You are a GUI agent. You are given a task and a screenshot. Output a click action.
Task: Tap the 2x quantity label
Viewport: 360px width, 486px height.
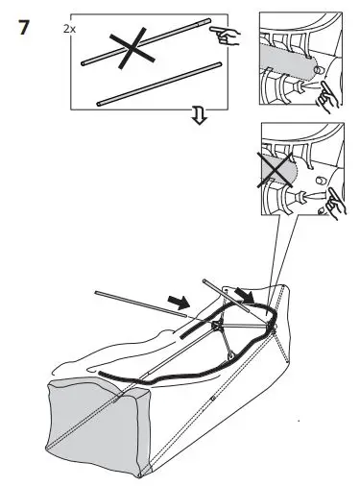[69, 30]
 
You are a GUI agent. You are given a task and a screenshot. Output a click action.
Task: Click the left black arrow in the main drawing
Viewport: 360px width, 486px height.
[179, 303]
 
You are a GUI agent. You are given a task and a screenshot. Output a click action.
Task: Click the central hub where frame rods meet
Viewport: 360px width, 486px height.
[220, 327]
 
